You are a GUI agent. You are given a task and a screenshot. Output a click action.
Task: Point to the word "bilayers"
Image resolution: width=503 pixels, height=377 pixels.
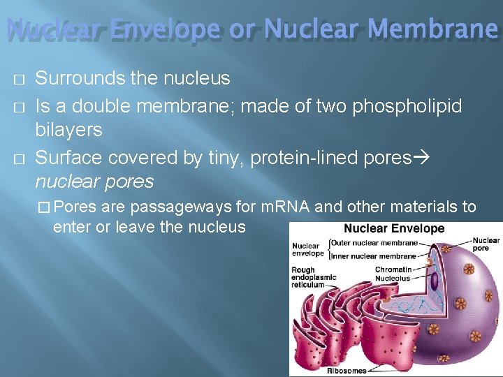68,130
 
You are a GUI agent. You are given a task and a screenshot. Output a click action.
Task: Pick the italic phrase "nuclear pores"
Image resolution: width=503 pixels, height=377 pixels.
94,182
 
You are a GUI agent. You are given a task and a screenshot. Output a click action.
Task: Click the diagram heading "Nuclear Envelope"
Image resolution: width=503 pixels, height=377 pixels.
394,228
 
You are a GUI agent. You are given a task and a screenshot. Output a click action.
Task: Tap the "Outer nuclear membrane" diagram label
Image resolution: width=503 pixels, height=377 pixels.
374,243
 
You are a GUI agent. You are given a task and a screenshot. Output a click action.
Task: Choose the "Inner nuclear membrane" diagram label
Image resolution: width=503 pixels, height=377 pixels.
374,256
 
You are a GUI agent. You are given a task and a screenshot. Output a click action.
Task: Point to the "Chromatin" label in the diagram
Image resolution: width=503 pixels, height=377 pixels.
393,269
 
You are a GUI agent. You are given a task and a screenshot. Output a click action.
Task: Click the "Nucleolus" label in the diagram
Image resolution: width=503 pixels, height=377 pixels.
392,278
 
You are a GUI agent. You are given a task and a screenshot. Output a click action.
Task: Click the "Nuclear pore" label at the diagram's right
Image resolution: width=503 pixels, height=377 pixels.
486,244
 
